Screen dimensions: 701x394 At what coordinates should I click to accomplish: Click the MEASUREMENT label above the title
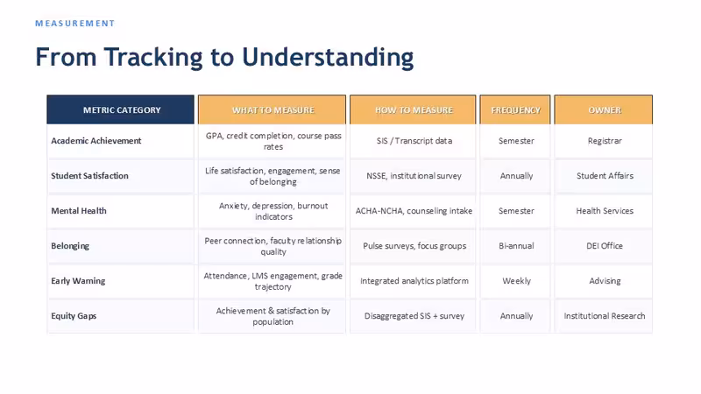[74, 24]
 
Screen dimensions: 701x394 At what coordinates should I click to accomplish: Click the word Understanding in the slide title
[328, 58]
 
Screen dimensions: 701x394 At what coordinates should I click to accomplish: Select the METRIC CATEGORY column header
[122, 110]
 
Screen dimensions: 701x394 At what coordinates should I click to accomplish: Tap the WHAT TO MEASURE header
[273, 110]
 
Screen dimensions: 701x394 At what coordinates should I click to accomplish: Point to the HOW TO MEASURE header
[414, 110]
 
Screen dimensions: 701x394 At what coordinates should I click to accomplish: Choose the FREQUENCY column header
[516, 110]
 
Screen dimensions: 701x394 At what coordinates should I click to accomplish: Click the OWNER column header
[605, 110]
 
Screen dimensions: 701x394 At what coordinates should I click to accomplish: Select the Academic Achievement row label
[96, 141]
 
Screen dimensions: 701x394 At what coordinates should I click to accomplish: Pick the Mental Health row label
[79, 211]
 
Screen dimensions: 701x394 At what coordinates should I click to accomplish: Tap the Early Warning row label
[78, 281]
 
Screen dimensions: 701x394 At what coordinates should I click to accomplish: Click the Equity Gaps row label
[74, 316]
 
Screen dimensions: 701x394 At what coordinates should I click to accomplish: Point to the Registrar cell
[605, 141]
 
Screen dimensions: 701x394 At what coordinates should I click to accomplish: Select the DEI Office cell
[605, 246]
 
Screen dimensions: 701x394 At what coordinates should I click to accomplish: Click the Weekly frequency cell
[516, 281]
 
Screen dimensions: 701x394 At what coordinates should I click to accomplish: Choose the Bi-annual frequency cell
[516, 246]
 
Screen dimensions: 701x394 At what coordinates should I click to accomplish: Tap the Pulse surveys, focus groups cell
[414, 246]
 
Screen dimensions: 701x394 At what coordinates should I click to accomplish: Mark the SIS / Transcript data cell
[414, 141]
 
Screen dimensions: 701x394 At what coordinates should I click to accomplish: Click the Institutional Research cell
[605, 316]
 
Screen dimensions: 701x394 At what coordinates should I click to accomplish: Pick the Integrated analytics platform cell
[414, 281]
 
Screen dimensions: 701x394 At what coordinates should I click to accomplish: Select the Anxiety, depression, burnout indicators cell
[273, 211]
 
